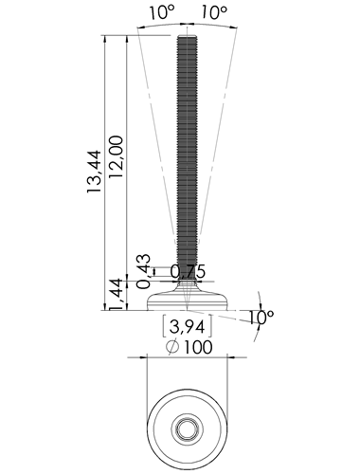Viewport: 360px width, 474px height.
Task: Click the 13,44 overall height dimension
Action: click(94, 172)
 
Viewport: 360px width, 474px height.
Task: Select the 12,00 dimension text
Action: click(116, 156)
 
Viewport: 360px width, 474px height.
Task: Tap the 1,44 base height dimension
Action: click(117, 294)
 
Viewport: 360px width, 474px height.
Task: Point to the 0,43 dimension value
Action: click(143, 271)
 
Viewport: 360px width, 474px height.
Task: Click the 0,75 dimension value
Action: click(188, 271)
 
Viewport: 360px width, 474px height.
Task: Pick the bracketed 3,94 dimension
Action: click(187, 326)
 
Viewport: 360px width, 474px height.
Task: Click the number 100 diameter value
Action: click(198, 347)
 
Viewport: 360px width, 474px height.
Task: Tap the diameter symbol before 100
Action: click(172, 347)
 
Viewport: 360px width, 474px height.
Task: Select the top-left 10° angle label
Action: click(162, 13)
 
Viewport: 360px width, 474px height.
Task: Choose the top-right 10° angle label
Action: click(214, 13)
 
